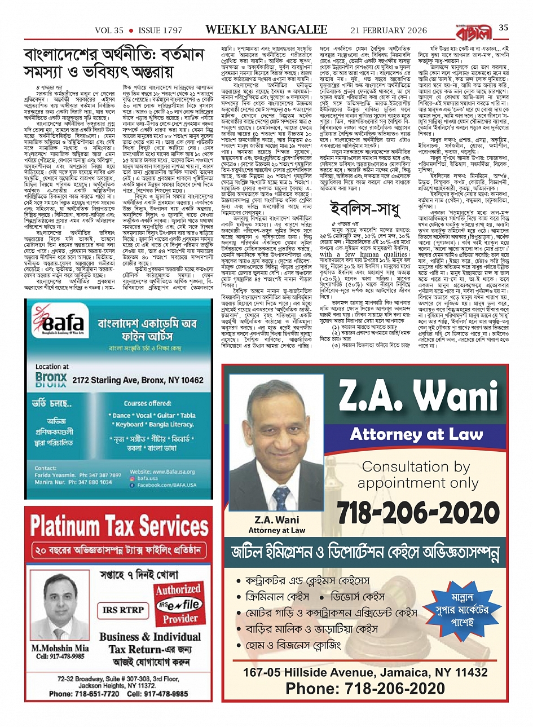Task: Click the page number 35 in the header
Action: coord(503,28)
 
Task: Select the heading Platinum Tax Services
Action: coord(119,525)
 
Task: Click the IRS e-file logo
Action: coord(178,605)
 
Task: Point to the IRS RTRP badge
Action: coord(123,610)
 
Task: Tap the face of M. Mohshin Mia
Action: coord(57,592)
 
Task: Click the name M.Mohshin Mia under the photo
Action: coord(60,648)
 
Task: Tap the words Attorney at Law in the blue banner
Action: coord(417,434)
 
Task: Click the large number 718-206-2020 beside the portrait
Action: coord(416,514)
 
